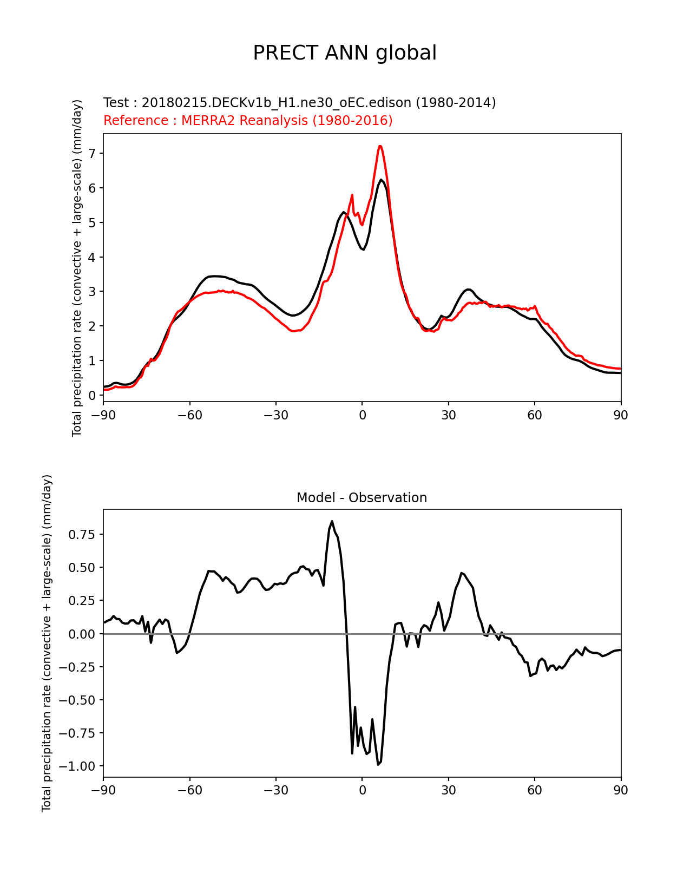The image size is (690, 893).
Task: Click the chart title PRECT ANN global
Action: pos(345,53)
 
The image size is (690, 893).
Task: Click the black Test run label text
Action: pos(299,103)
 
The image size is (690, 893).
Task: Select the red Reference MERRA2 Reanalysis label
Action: pos(248,121)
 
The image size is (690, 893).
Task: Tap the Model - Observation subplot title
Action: pos(362,498)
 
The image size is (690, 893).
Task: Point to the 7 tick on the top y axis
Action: pos(92,154)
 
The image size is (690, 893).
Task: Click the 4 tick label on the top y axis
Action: pos(92,257)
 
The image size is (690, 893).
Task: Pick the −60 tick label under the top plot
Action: pos(189,415)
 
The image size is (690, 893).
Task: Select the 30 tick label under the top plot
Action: pos(448,415)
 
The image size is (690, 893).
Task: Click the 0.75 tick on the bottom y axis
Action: pos(82,535)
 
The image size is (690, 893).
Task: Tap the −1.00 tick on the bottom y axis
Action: pos(79,766)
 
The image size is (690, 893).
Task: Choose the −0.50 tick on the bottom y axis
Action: pos(79,700)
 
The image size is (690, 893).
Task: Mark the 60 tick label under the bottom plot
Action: pos(535,790)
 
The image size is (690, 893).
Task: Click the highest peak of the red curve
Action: pos(380,146)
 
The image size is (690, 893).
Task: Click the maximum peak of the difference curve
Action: pos(332,521)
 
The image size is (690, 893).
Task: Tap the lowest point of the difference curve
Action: pos(378,764)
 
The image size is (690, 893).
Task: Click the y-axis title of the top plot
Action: pos(77,268)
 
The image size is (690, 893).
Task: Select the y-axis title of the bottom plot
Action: pos(47,643)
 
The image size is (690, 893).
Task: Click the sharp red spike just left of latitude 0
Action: pos(352,195)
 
